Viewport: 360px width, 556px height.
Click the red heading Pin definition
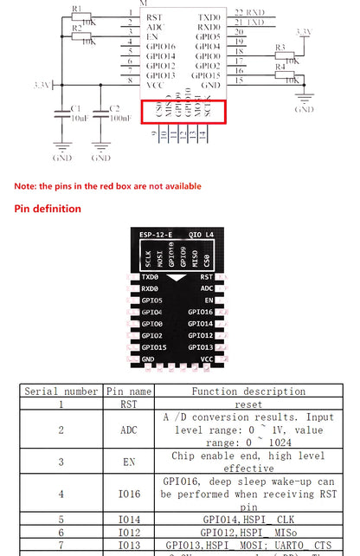[x=48, y=209]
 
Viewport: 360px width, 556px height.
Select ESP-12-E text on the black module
[x=155, y=235]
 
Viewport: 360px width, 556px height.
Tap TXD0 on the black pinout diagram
[x=151, y=276]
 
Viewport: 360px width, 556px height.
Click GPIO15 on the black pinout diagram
[x=153, y=347]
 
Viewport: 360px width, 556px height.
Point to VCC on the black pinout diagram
[x=206, y=359]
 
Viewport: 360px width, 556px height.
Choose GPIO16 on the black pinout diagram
[x=200, y=312]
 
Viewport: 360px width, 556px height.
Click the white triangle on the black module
[x=177, y=277]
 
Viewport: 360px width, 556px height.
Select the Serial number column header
[x=61, y=391]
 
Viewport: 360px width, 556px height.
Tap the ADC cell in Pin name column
[x=129, y=430]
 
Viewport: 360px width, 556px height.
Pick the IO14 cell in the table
[x=129, y=519]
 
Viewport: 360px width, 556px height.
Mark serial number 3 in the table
[x=61, y=462]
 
